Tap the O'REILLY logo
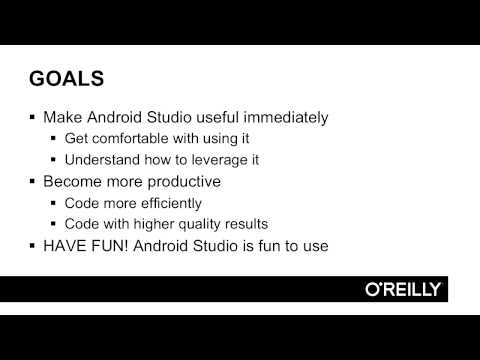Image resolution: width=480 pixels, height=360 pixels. click(x=403, y=289)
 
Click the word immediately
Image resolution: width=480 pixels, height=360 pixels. click(x=283, y=117)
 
